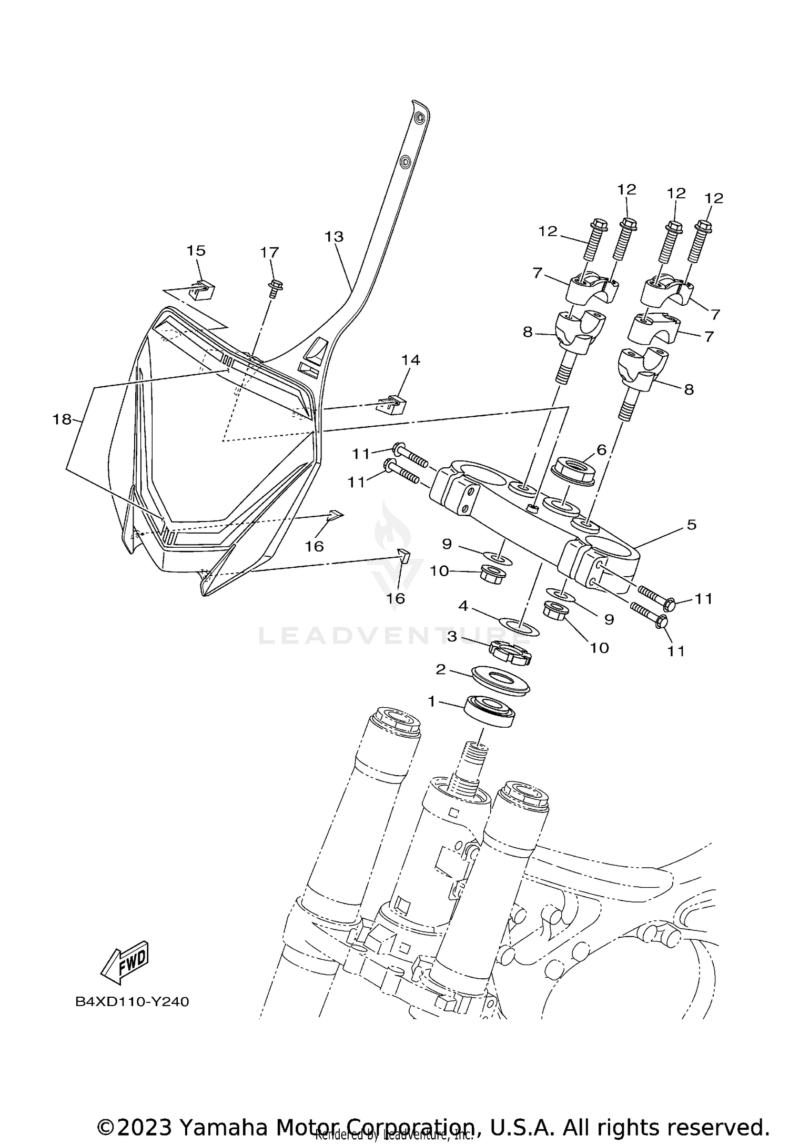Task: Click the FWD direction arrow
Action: coord(125,962)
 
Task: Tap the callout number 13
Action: coord(333,237)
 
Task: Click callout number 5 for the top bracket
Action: coord(691,524)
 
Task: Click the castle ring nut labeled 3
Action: coord(510,653)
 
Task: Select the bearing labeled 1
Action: coord(489,711)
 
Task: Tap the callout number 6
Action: coord(601,449)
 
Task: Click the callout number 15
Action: coord(196,250)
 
